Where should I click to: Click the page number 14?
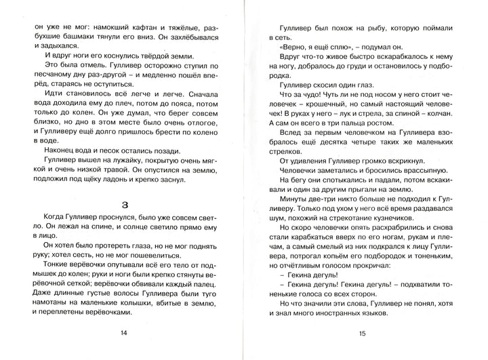point(123,332)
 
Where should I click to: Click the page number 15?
point(363,334)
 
